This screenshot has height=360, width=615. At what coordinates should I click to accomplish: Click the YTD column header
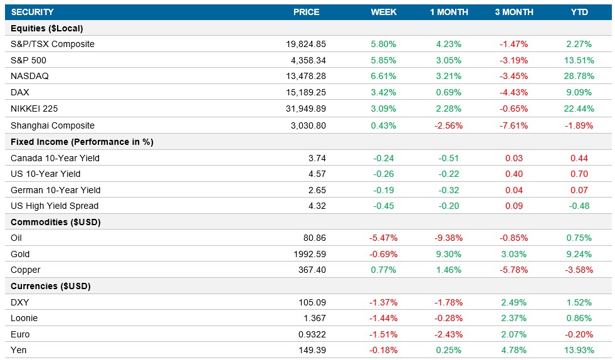(579, 12)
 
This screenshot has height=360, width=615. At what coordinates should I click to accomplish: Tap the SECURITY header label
(32, 12)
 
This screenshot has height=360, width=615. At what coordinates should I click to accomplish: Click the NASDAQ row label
(29, 76)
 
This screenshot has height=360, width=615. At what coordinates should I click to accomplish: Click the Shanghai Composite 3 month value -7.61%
(513, 125)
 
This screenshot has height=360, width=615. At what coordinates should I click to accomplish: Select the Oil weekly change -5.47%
(383, 238)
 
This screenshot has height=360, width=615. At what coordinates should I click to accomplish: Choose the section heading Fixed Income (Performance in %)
(82, 142)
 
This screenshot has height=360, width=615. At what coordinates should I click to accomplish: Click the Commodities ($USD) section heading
(56, 222)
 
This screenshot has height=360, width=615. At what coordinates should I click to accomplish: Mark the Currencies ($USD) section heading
(51, 286)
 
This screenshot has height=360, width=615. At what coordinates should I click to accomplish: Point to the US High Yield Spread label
(55, 206)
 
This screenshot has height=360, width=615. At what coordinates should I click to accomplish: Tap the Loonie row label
(24, 318)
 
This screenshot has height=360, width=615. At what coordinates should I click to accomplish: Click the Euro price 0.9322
(312, 334)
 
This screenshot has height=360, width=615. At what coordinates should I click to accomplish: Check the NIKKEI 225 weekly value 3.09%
(383, 108)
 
